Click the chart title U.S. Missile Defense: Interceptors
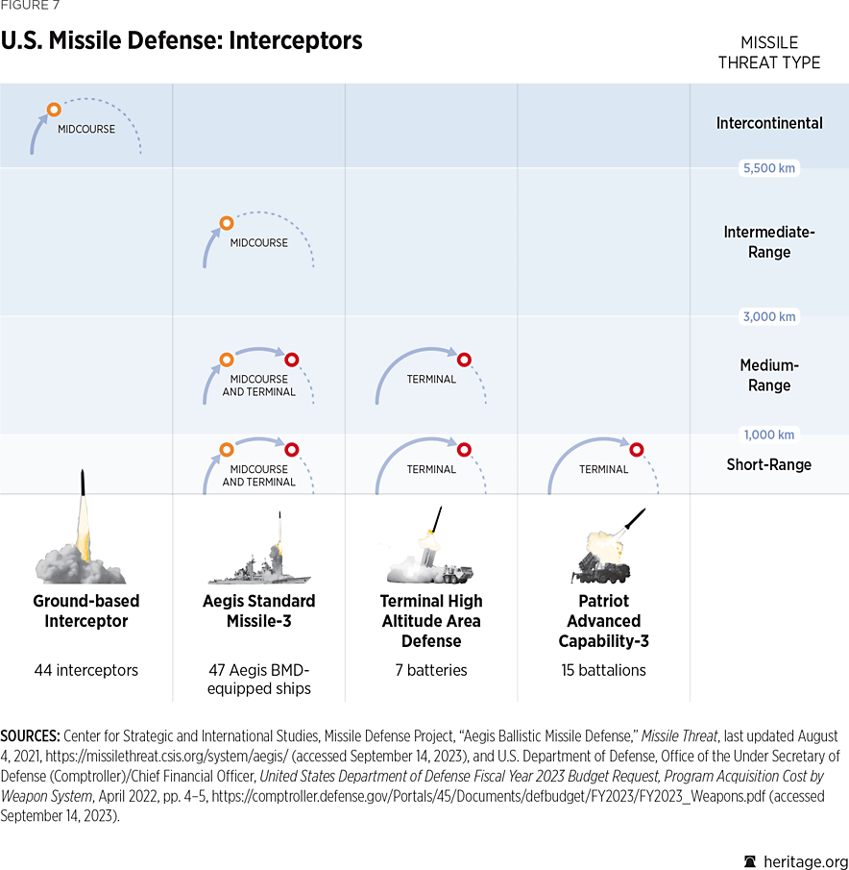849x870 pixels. coord(182,41)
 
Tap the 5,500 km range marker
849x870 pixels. coord(769,168)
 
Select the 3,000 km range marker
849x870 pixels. coord(769,316)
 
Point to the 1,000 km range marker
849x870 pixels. coord(769,434)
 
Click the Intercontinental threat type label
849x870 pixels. coord(769,123)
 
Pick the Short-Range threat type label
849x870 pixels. coord(769,464)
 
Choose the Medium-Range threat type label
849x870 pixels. coord(769,375)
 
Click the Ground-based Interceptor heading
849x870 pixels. coord(86,610)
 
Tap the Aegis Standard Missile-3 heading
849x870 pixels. coord(258,610)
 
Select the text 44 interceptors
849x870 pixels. coord(86,670)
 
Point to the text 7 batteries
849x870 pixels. coord(431,670)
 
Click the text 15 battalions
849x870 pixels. coord(603,670)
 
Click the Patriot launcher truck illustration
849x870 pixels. coord(603,562)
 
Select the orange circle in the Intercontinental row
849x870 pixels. coord(54,109)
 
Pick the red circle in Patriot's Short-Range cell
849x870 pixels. coord(636,449)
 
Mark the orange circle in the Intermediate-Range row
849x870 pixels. coord(227,223)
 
